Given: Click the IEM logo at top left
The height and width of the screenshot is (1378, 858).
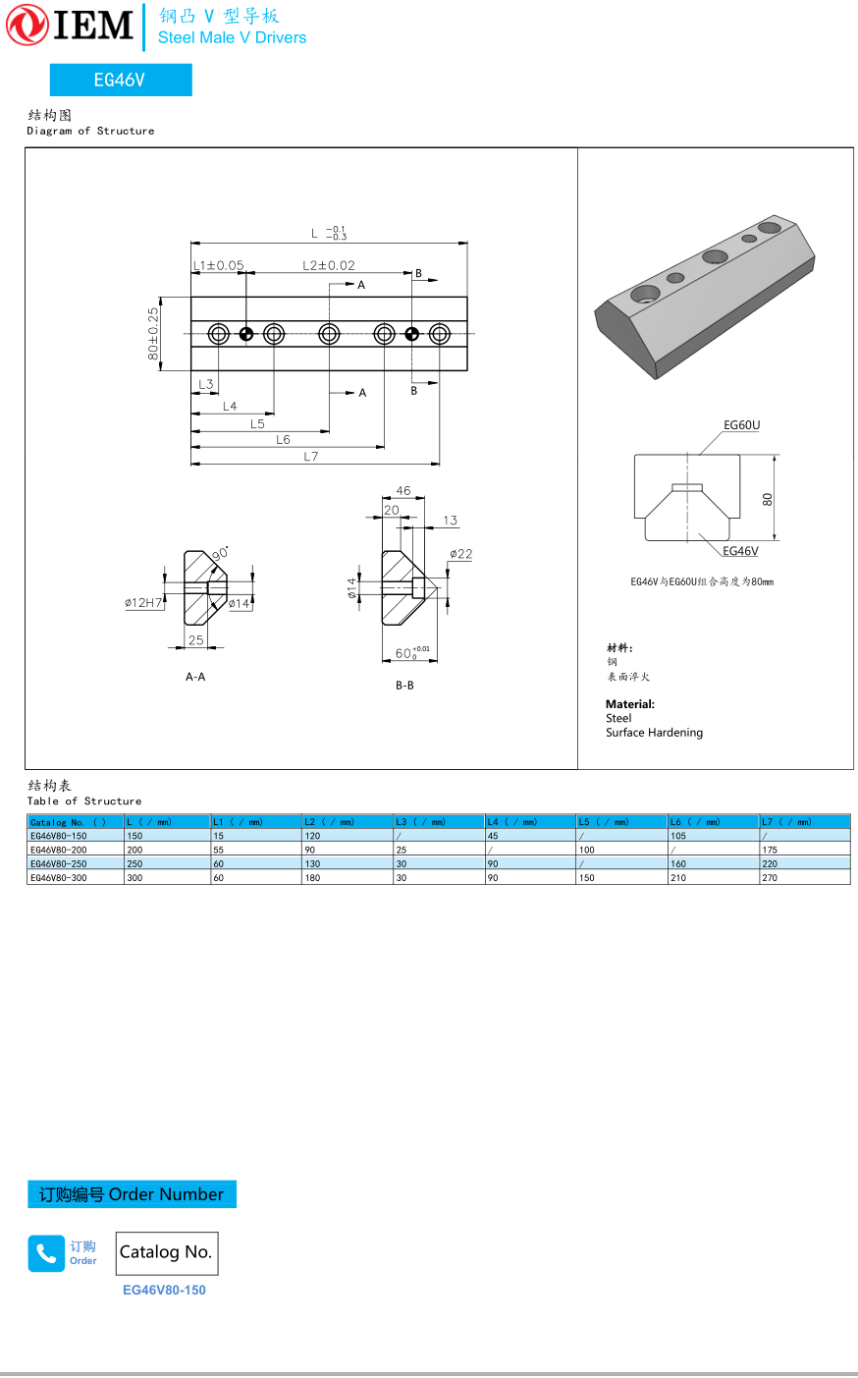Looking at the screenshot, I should [70, 25].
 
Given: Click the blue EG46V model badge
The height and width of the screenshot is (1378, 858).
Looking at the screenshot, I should [121, 80].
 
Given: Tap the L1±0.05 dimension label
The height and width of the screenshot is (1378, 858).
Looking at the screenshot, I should [218, 265].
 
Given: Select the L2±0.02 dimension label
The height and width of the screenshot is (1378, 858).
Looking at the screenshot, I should [329, 265].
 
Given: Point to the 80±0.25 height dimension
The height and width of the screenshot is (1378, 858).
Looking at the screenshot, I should [153, 333].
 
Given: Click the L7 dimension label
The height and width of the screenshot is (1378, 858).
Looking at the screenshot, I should [311, 456].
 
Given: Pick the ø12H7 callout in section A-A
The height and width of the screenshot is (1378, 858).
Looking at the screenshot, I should [143, 602].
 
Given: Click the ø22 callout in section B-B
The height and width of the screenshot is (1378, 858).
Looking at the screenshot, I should [461, 554].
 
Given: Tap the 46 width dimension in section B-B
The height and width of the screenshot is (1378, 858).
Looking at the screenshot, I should [403, 490].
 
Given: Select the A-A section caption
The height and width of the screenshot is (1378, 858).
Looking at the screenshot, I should [195, 677].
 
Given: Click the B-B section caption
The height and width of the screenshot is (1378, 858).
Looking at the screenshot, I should [404, 686].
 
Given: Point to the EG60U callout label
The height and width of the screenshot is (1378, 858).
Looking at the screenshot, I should [741, 425].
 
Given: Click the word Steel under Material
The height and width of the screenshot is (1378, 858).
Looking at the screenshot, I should [618, 718].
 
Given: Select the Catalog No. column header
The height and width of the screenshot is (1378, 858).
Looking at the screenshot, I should [68, 822].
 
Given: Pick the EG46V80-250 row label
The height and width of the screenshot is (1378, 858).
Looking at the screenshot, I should [59, 864].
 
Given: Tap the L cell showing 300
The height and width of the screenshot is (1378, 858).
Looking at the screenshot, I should [134, 878].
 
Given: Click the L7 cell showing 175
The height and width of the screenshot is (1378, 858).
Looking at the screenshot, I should [770, 851].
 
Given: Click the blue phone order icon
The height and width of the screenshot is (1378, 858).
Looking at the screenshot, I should [46, 1253].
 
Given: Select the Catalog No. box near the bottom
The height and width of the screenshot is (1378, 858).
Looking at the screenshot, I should [166, 1252].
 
